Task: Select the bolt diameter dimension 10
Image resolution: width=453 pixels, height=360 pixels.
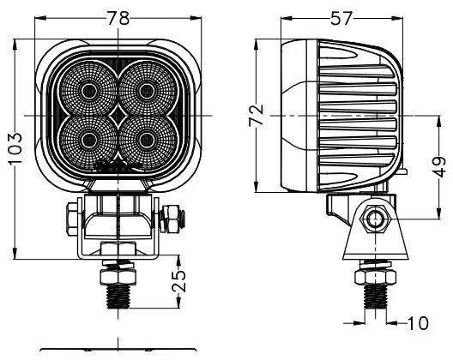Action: click(x=418, y=323)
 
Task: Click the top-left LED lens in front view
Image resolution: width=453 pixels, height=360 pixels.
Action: click(x=88, y=89)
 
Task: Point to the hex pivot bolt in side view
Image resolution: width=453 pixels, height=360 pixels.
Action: click(x=375, y=220)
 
